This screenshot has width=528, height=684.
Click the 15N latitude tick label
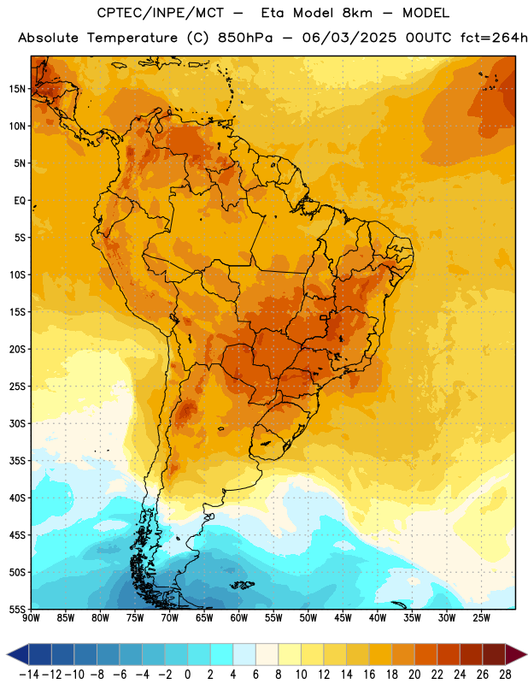(x=17, y=89)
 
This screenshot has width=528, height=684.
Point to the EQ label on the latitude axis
(x=20, y=201)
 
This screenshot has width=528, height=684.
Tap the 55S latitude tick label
(x=17, y=610)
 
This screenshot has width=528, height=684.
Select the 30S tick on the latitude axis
(x=17, y=423)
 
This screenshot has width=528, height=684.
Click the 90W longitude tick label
(x=31, y=618)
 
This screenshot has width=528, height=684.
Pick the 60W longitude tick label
(x=239, y=618)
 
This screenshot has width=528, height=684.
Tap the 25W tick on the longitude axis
(x=481, y=618)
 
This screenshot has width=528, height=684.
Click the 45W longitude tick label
(x=343, y=618)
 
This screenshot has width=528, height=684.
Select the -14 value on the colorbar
(x=29, y=675)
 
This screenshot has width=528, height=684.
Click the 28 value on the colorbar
(x=505, y=675)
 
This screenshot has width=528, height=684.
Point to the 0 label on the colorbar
(x=187, y=675)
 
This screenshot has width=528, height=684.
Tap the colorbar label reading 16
(x=369, y=675)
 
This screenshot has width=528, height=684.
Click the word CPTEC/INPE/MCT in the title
(x=161, y=13)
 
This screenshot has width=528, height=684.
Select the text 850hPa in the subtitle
(x=245, y=38)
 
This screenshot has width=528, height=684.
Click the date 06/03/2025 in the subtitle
(x=349, y=38)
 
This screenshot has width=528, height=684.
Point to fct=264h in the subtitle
(x=494, y=38)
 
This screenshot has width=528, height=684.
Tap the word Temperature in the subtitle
(x=132, y=38)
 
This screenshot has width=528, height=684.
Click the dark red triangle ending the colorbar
(x=516, y=654)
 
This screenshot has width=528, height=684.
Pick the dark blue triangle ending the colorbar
(x=18, y=654)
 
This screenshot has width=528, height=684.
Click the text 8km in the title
(x=357, y=13)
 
